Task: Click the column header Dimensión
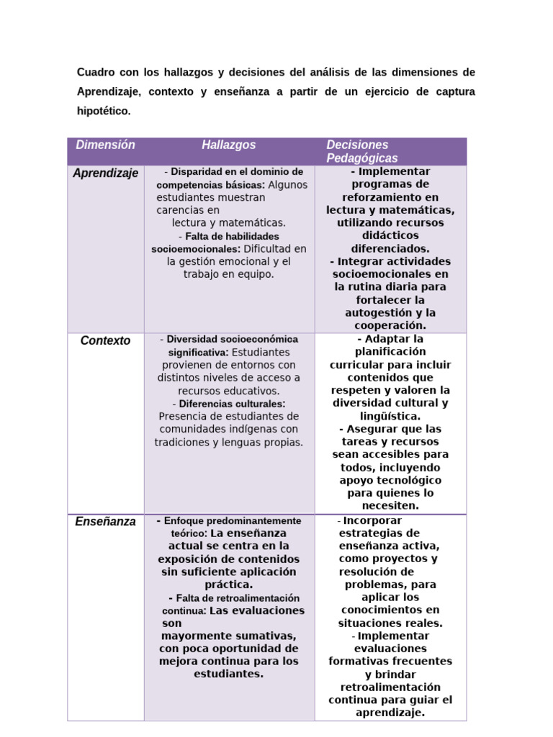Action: tap(106, 145)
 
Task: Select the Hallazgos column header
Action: tap(229, 145)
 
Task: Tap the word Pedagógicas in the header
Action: tap(361, 158)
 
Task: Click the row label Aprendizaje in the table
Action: tap(106, 173)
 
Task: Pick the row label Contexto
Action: tap(106, 340)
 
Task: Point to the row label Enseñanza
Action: tap(106, 522)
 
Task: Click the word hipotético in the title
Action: tap(104, 111)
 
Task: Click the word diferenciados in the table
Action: tap(390, 248)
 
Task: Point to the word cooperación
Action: tap(390, 325)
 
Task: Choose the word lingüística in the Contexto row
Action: tap(390, 416)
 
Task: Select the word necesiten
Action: tap(390, 506)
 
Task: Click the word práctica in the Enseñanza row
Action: tap(228, 584)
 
